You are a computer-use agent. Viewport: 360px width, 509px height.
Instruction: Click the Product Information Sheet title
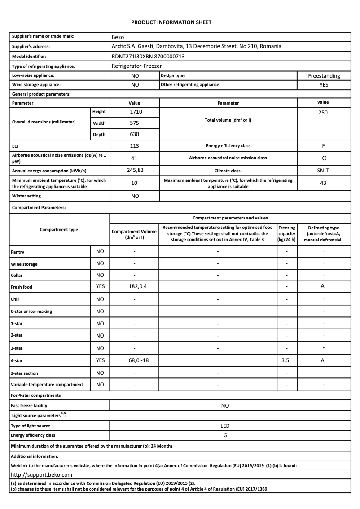171,22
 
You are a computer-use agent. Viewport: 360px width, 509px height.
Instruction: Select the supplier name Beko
118,37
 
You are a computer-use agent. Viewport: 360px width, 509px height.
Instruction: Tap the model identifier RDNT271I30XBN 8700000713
148,57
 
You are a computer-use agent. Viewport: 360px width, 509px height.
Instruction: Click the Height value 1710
135,112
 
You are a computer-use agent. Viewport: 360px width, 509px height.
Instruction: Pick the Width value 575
135,123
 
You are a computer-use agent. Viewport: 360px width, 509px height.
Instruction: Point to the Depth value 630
135,134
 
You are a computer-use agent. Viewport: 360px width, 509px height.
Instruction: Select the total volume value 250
323,113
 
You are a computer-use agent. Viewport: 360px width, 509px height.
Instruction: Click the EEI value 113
135,146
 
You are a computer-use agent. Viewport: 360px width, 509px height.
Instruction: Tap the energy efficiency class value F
323,146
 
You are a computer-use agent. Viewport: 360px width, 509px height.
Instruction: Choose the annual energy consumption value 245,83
135,170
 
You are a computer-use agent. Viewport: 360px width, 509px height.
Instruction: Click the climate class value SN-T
323,171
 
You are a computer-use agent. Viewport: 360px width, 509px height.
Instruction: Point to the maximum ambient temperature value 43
323,183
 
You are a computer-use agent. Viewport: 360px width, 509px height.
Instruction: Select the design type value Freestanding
324,76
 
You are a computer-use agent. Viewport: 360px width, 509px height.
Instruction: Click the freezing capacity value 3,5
287,360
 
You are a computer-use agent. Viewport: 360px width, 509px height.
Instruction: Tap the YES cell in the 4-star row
100,360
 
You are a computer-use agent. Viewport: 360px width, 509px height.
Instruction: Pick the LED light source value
225,426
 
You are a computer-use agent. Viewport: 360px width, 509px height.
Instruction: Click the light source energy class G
225,435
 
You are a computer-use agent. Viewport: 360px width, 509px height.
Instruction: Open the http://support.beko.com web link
41,474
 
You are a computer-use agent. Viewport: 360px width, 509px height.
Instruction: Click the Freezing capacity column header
287,234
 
